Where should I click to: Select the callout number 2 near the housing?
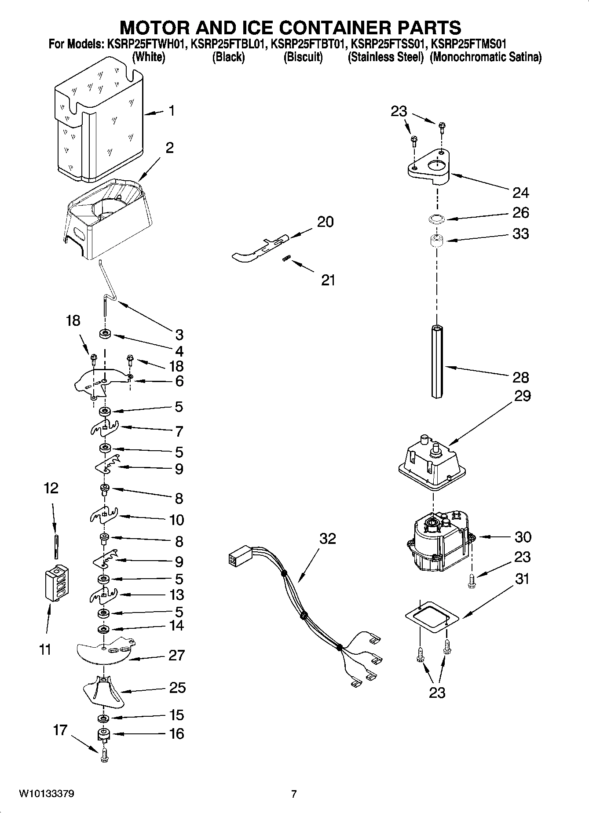point(169,148)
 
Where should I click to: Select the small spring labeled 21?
point(285,260)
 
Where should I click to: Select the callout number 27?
point(176,655)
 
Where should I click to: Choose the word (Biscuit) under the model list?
point(303,57)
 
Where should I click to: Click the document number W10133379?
point(47,794)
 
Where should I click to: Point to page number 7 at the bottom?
point(294,794)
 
